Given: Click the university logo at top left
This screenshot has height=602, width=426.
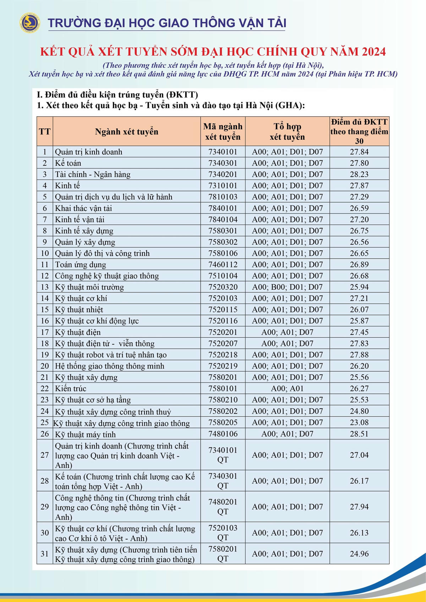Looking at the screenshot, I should (x=30, y=23).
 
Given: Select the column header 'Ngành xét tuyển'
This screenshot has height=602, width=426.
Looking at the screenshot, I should (x=126, y=132).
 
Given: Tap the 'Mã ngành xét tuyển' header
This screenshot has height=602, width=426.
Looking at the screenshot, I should (x=223, y=132).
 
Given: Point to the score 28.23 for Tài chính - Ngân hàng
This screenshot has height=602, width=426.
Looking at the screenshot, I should (x=359, y=174).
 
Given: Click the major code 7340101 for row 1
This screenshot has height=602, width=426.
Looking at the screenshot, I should (x=223, y=152).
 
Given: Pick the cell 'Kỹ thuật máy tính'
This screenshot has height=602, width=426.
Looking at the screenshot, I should (x=85, y=434).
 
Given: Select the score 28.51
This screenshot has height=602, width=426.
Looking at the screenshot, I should (x=359, y=434).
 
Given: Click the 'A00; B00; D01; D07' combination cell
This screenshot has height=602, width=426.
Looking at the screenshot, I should (x=287, y=287).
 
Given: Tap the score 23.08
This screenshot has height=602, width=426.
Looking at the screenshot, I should (x=359, y=422).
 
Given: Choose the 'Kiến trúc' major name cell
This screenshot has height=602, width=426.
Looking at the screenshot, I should (x=71, y=388).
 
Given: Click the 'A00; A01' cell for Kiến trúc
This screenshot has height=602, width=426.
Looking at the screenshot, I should (x=287, y=388).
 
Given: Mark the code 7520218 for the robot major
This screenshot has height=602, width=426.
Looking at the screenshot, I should (x=223, y=355).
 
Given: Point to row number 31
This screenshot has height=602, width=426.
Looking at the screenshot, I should (x=45, y=553).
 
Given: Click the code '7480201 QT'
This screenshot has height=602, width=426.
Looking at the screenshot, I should (x=223, y=507).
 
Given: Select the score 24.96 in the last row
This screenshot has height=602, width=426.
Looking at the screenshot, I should (x=359, y=553).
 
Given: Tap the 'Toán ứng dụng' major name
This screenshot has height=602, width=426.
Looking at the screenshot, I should (x=80, y=265).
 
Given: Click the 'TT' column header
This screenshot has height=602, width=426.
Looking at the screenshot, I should (x=45, y=132).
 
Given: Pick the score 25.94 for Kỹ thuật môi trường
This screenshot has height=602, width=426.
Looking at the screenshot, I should (x=359, y=287).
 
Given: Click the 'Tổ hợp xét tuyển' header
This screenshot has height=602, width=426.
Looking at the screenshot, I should (x=287, y=132).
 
